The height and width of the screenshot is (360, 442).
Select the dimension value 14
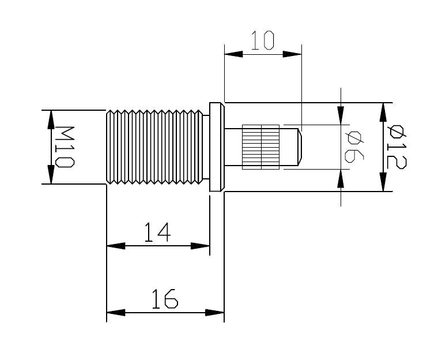click(157, 232)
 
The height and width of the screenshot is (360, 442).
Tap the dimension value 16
click(165, 300)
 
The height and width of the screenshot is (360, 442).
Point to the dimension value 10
click(262, 41)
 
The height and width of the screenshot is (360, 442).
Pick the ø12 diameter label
click(396, 147)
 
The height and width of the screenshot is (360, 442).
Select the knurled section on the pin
click(260, 147)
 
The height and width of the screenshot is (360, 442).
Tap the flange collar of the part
click(216, 147)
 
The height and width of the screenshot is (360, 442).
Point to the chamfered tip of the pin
click(299, 147)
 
